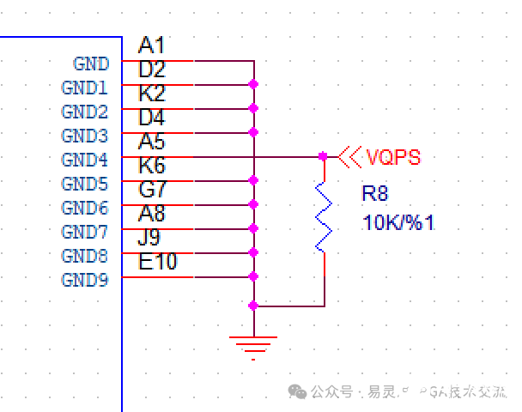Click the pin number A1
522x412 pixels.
[151, 45]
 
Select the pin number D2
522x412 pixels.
[152, 70]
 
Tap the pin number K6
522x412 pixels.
[152, 166]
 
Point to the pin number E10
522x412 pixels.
[158, 262]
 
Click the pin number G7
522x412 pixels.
[152, 190]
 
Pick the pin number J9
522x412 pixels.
[151, 238]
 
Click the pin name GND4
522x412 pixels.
[85, 161]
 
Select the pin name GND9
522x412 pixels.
[85, 281]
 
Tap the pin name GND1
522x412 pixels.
[85, 88]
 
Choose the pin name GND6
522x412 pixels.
[85, 209]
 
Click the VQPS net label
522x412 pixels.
[394, 158]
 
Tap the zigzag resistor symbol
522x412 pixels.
[324, 216]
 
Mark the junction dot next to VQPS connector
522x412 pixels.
[323, 156]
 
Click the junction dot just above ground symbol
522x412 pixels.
[253, 306]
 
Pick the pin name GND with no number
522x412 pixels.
[91, 64]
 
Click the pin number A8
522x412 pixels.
[152, 214]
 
